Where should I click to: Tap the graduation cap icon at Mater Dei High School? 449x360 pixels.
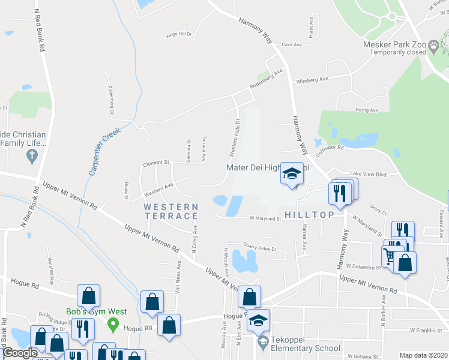[292, 175]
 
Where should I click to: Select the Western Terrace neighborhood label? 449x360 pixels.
[170, 211]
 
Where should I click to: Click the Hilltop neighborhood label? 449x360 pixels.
[305, 215]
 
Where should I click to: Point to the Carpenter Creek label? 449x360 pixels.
[104, 151]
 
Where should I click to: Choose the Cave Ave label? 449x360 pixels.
[291, 44]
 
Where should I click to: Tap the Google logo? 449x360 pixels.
[19, 353]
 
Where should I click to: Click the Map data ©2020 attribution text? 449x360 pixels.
[423, 355]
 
